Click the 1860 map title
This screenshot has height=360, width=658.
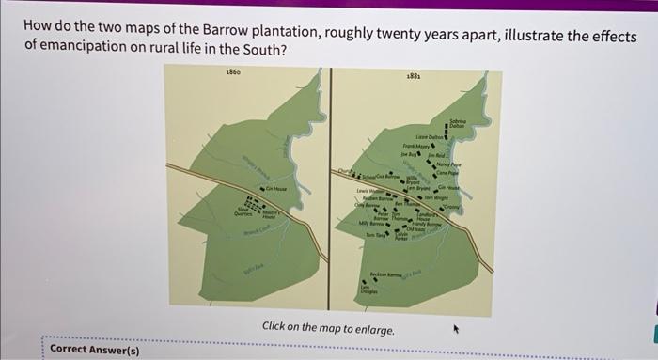pos(234,73)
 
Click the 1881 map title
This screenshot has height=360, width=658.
pos(413,76)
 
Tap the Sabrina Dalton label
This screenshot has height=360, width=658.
pos(457,122)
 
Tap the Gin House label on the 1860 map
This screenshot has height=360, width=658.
pos(275,191)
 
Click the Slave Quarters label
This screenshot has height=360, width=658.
pos(243,212)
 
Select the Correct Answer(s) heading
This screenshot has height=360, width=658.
pos(94,350)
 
